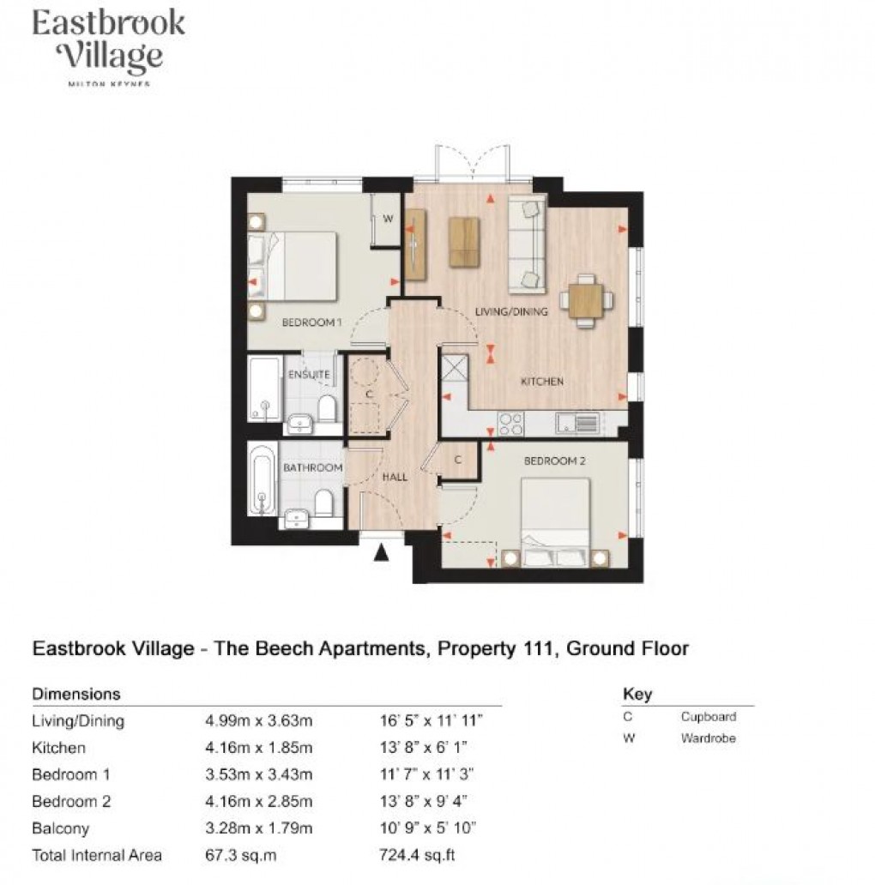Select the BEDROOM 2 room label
coord(554,461)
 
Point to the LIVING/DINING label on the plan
coord(511,312)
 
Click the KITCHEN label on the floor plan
coord(541,381)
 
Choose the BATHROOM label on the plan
coord(312,467)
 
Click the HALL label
coord(395,477)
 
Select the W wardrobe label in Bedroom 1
coord(387,219)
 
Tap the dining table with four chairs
coord(587,299)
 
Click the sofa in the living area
coord(526,243)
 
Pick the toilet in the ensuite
coord(326,409)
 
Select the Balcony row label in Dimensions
coord(59,828)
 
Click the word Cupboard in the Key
coord(709,717)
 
